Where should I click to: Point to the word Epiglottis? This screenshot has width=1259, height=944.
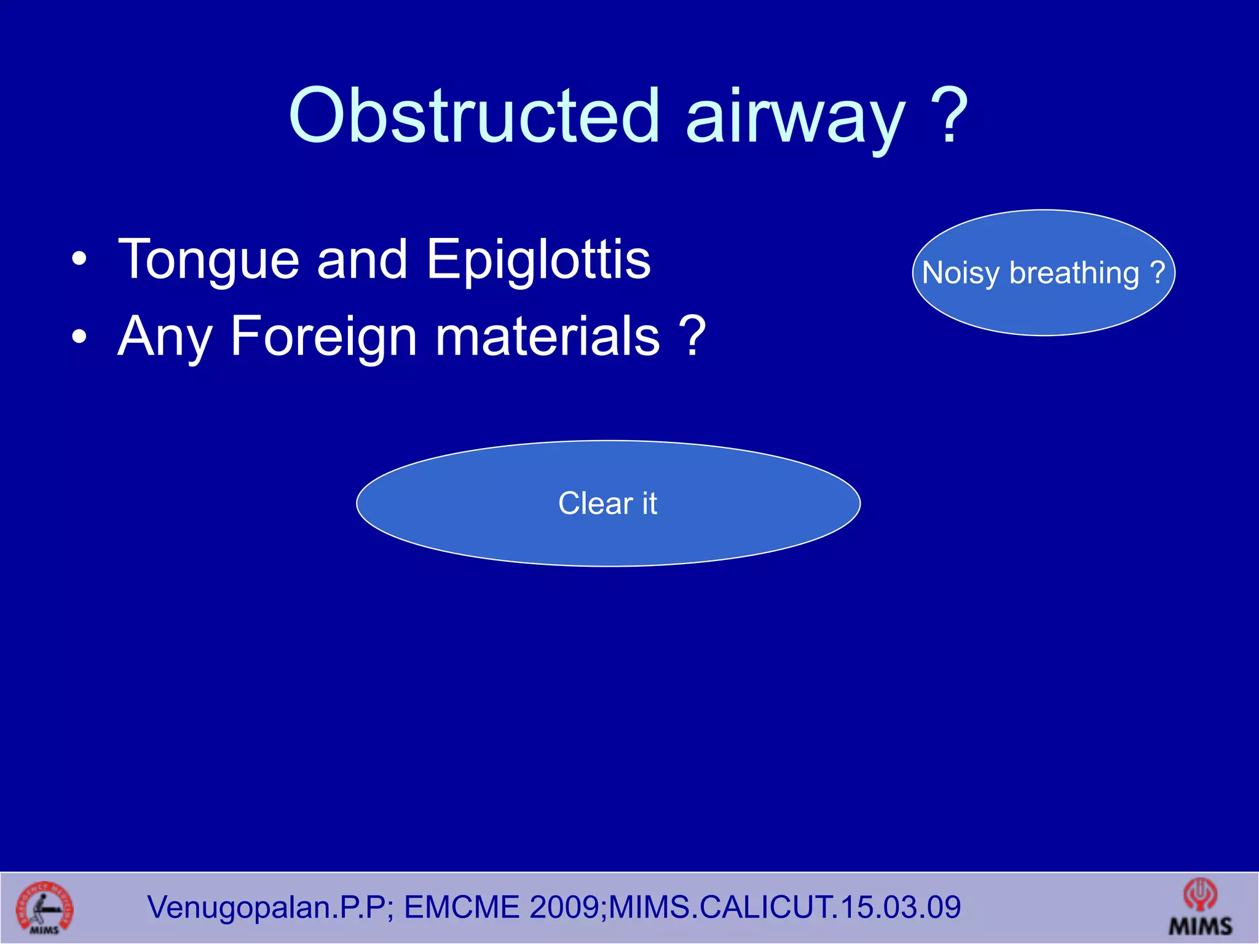(538, 260)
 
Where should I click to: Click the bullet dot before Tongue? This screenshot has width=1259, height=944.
(79, 260)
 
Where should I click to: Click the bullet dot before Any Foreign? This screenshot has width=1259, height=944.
(79, 337)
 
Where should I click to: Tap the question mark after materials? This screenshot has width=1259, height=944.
(693, 336)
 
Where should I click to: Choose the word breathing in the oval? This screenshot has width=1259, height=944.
(1074, 273)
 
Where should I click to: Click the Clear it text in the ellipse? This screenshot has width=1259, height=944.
(607, 503)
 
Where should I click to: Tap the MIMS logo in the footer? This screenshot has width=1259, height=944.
(1200, 908)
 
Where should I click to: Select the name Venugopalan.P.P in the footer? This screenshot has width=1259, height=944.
(266, 908)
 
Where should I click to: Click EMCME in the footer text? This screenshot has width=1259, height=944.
(461, 908)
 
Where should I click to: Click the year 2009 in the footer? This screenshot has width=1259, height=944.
(565, 908)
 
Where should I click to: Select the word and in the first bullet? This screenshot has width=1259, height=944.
(362, 260)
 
